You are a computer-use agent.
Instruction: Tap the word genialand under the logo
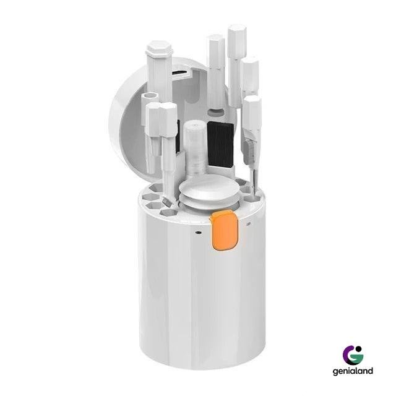[353, 371]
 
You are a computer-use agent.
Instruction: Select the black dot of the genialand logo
[359, 349]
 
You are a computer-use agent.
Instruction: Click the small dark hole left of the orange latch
[199, 232]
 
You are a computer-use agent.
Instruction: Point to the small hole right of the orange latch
[248, 224]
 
